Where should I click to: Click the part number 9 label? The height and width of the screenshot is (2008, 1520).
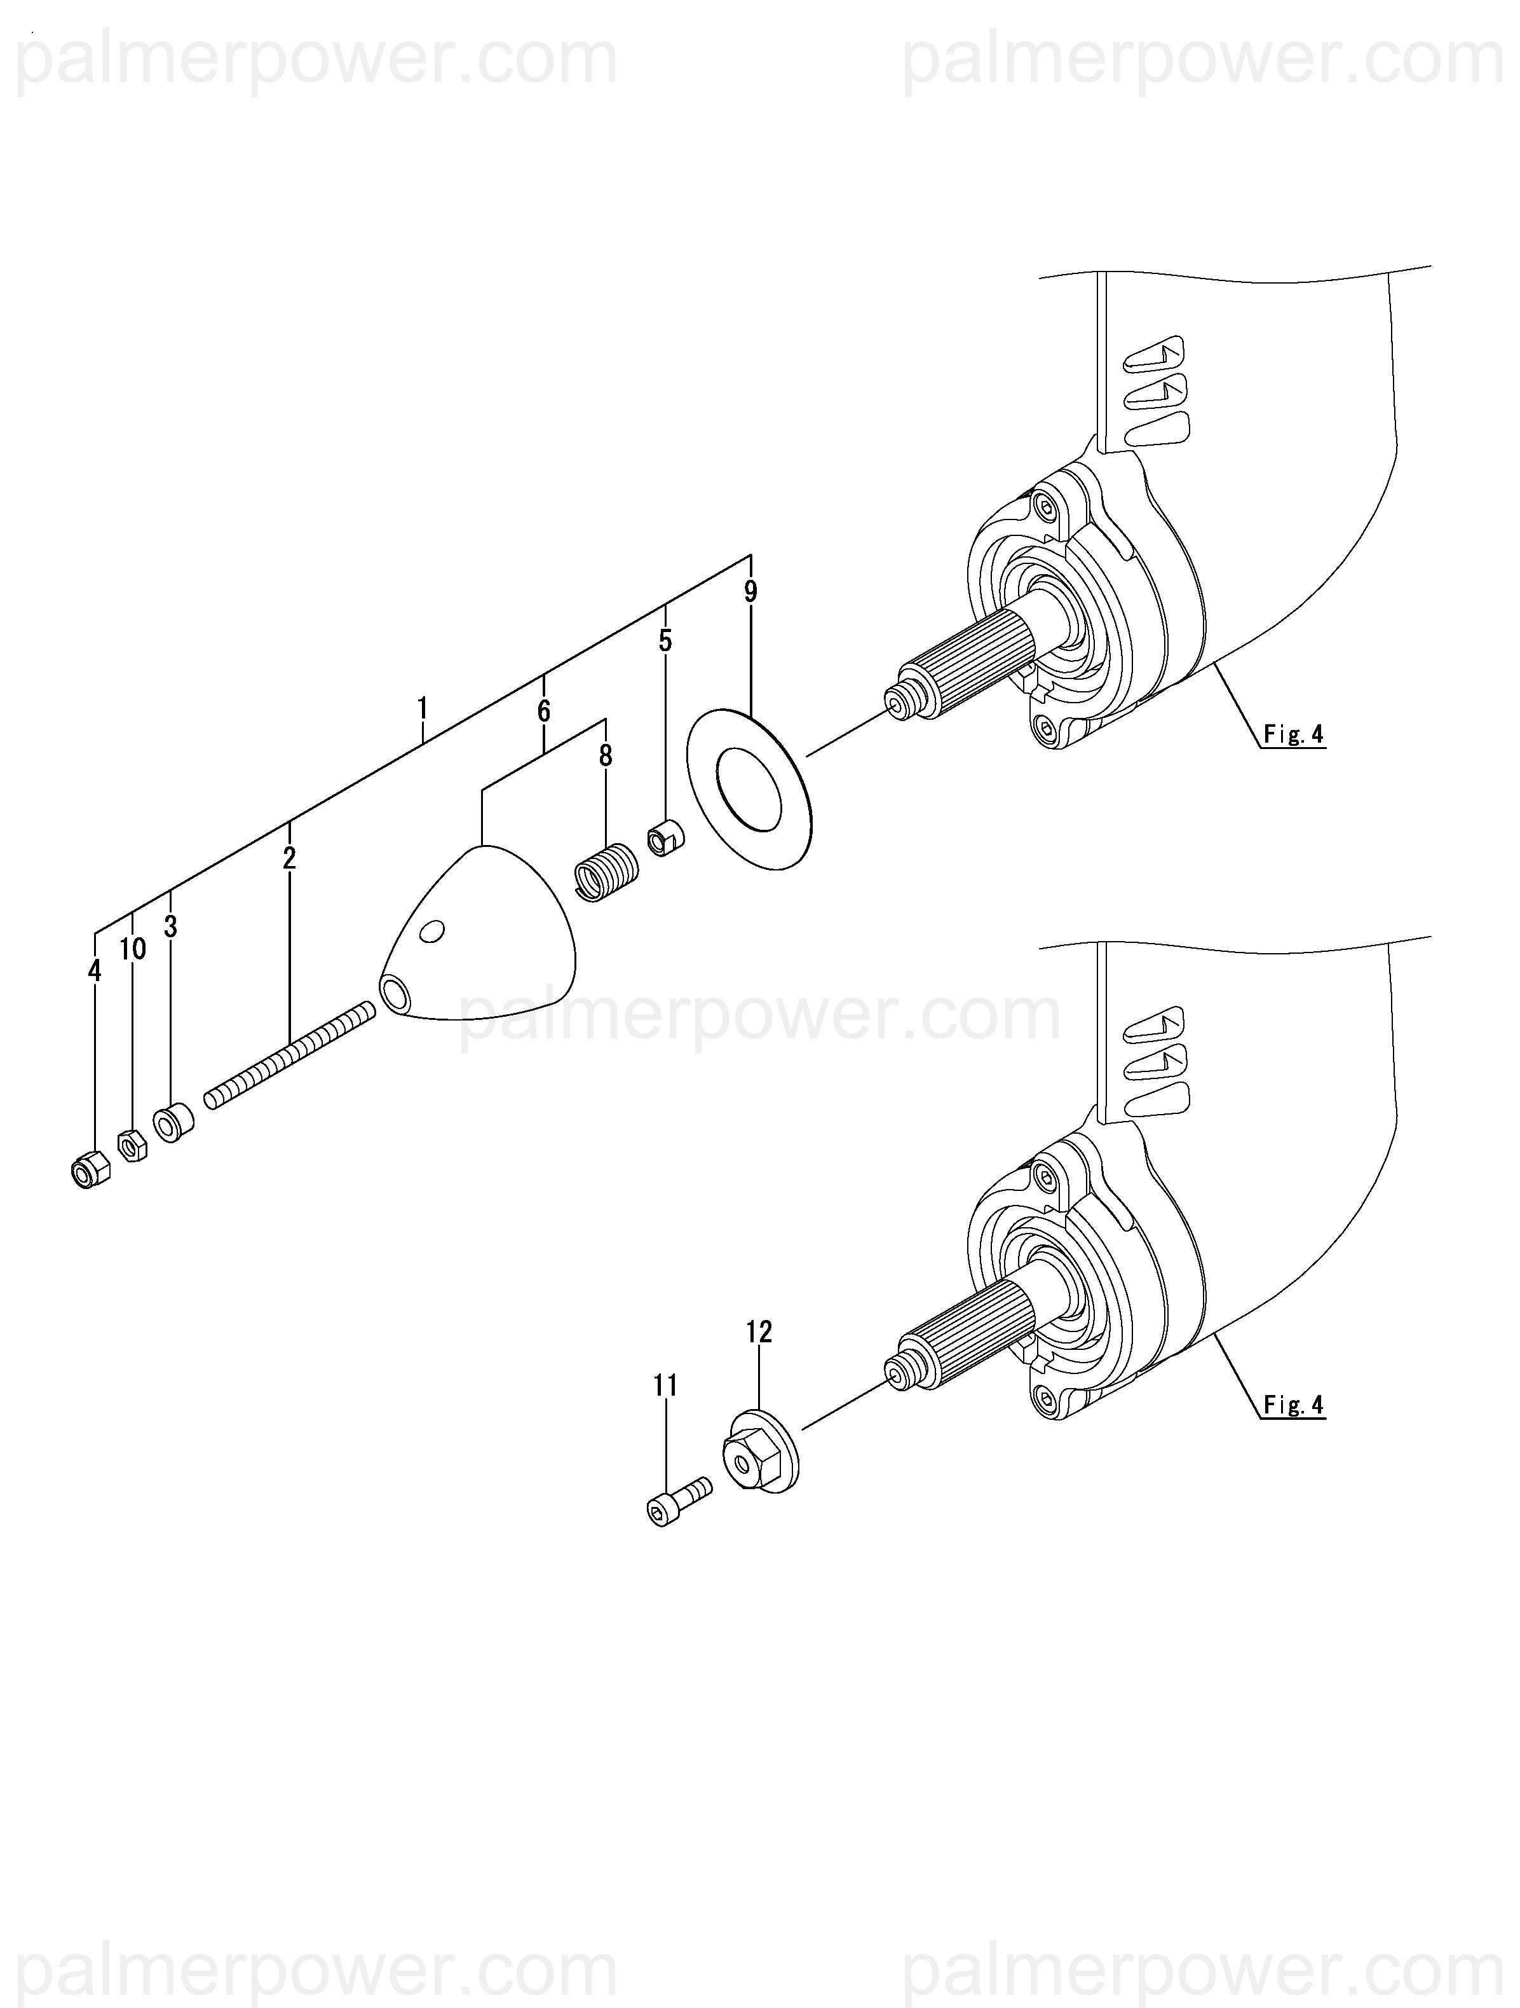750,592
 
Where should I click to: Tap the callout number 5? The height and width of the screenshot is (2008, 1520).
665,641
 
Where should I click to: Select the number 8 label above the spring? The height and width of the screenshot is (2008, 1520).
606,755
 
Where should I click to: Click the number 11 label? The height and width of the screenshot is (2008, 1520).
665,1386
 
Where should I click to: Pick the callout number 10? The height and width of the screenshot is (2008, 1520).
132,949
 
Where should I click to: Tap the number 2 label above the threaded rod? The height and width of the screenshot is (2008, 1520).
288,858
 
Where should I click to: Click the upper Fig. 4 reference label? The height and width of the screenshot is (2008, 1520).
1293,734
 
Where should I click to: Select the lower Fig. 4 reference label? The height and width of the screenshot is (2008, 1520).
1293,1405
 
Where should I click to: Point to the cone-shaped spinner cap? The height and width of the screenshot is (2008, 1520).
481,935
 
